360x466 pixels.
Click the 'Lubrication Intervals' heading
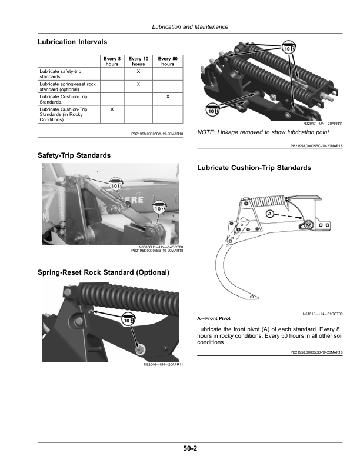click(72, 42)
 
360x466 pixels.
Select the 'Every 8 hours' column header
click(112, 61)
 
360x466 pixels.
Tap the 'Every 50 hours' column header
click(168, 61)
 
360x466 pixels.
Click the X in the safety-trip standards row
click(138, 71)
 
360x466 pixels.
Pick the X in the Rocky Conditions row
click(112, 109)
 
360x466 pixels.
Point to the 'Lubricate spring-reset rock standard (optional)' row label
click(67, 86)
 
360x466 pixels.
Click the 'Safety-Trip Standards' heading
click(74, 155)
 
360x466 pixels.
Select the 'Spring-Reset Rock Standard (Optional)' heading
click(104, 272)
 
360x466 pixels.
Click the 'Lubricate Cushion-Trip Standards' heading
click(254, 168)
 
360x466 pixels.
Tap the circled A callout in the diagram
click(269, 213)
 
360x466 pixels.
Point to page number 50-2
click(189, 448)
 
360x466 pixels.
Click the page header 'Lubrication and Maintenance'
click(189, 27)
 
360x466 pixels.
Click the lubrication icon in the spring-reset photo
click(128, 318)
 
